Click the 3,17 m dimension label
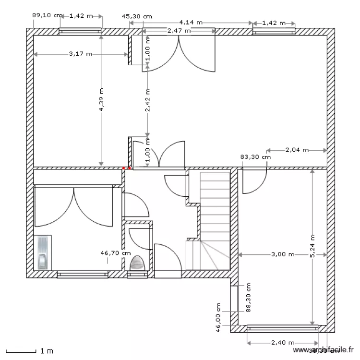(x=80, y=54)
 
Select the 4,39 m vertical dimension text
(x=101, y=99)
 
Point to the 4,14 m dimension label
(x=191, y=22)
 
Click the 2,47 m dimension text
(x=179, y=31)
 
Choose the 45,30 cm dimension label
(x=137, y=16)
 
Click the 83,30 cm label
(x=255, y=157)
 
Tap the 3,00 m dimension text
(x=282, y=254)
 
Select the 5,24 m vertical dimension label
(x=312, y=246)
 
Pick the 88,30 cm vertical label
(x=248, y=298)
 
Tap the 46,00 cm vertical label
(x=218, y=317)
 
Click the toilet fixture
(x=137, y=264)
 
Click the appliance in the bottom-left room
(x=43, y=252)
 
